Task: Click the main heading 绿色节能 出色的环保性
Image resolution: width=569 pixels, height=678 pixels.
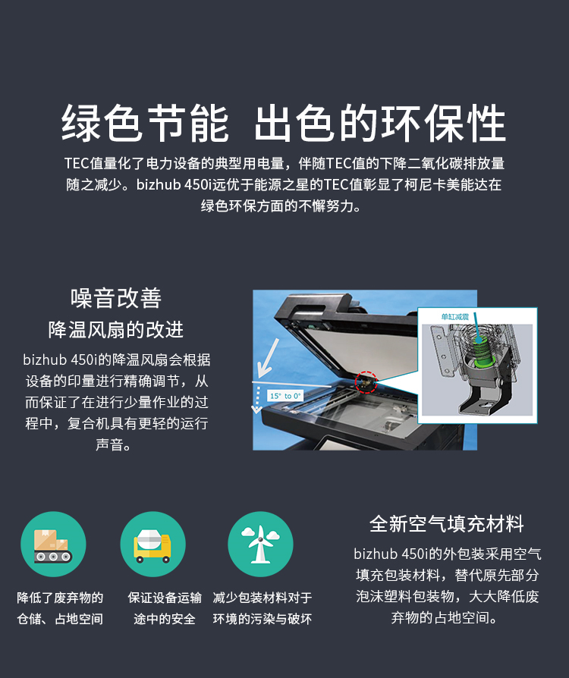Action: [284, 123]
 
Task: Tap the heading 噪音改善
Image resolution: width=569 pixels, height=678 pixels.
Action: [116, 298]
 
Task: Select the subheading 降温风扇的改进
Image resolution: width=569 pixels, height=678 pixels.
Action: [116, 329]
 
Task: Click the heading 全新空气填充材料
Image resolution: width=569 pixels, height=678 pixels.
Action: [447, 523]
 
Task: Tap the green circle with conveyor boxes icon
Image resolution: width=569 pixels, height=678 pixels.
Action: [53, 544]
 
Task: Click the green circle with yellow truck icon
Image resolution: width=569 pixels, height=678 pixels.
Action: [152, 544]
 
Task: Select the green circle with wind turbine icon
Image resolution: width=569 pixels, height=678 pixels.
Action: [260, 544]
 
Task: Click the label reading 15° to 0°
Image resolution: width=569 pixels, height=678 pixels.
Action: [285, 396]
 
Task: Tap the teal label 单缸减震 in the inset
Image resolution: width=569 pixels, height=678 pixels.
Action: [454, 317]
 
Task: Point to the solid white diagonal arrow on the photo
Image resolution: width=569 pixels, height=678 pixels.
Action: [268, 358]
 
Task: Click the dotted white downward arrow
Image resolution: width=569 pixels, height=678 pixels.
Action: [257, 400]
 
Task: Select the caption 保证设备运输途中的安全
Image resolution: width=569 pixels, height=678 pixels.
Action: [165, 608]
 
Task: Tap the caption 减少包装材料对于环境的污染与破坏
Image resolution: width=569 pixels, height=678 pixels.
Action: [262, 608]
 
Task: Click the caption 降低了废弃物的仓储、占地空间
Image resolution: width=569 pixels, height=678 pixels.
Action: [60, 608]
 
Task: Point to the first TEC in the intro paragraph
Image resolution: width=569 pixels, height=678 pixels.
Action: [77, 164]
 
